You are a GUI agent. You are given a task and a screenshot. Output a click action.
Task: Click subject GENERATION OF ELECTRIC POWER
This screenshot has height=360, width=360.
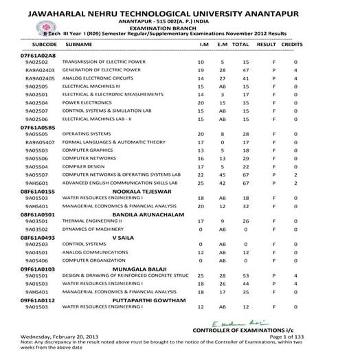(x=101, y=69)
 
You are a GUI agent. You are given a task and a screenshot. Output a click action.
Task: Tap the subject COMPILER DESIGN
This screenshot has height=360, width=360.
(x=83, y=166)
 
